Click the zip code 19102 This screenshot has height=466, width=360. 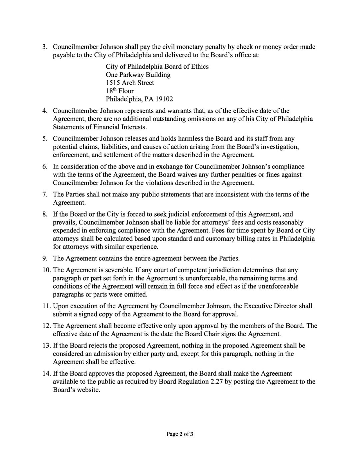click(x=164, y=99)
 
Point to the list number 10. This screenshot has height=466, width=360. click(x=46, y=270)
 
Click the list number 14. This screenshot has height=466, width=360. click(x=46, y=374)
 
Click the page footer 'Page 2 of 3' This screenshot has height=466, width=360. click(x=180, y=434)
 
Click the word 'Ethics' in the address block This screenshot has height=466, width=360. click(x=200, y=66)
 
